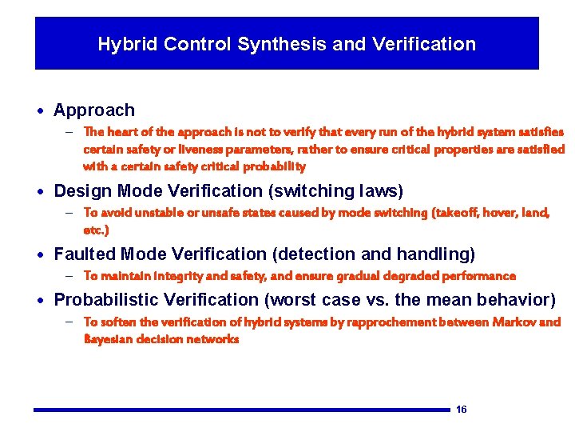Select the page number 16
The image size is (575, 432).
tap(461, 410)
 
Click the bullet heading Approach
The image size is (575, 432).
tap(94, 110)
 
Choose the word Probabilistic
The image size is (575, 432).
tap(106, 300)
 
